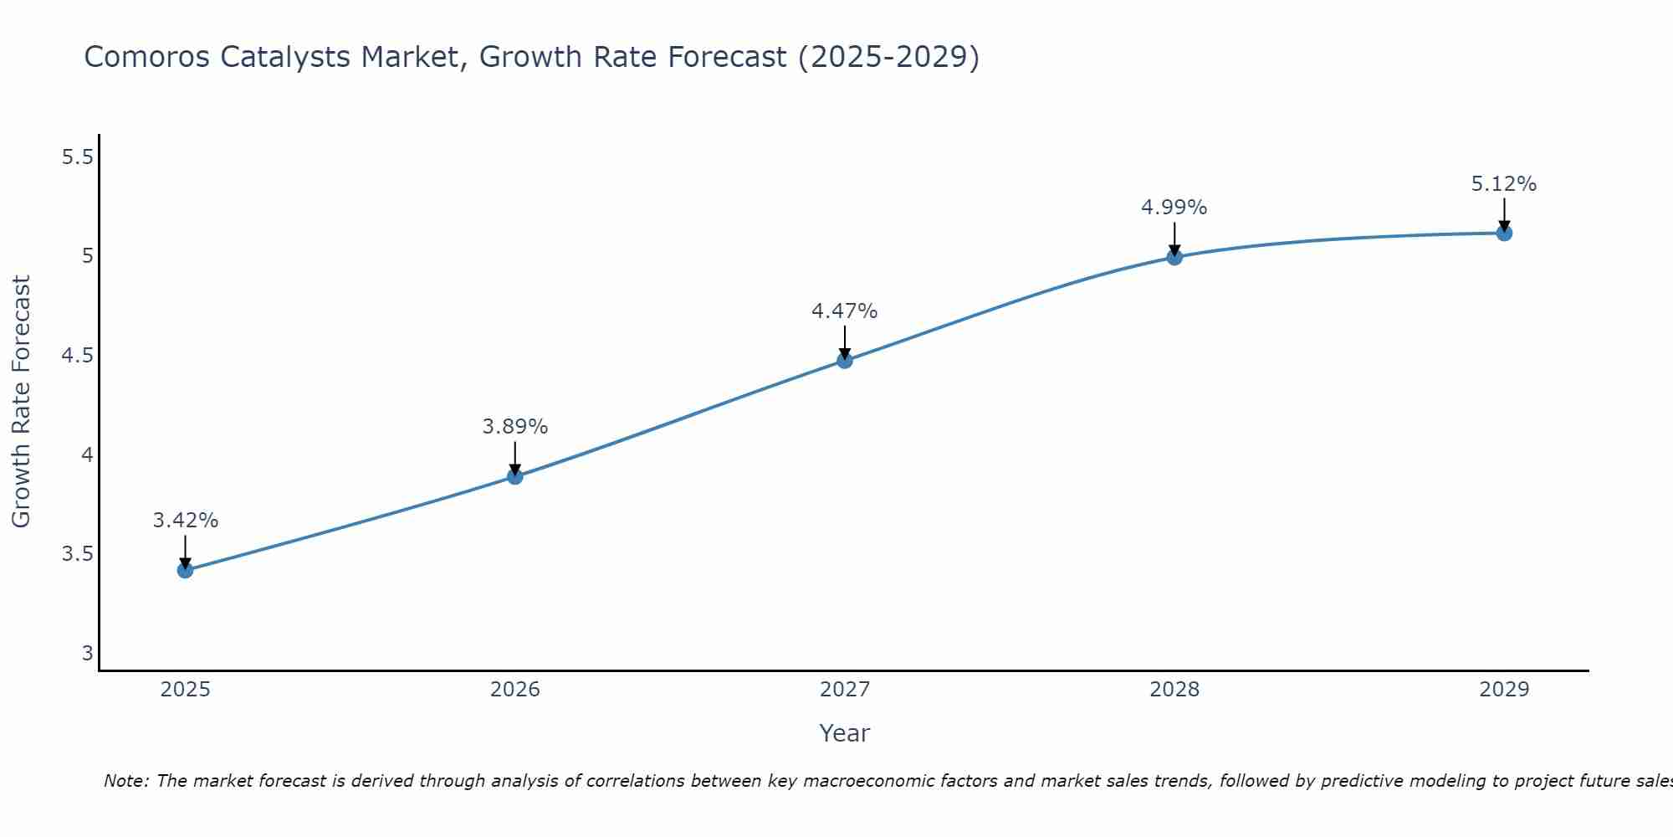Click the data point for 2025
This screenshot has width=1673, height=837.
point(185,570)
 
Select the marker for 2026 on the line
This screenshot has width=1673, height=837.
point(514,476)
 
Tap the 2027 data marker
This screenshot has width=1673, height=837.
point(845,361)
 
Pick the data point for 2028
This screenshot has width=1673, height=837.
point(1174,257)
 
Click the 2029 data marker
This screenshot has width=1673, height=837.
point(1504,233)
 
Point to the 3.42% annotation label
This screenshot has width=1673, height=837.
point(185,521)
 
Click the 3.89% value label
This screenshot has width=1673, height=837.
point(514,427)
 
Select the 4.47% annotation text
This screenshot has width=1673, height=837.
point(845,311)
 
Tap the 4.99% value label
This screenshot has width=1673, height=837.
point(1174,208)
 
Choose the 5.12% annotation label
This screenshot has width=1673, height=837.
point(1504,184)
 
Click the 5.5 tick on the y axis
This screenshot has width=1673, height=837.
point(78,157)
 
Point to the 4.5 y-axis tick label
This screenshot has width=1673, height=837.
point(78,356)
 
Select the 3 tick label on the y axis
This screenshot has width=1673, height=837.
point(87,653)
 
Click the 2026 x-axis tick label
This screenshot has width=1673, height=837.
point(514,690)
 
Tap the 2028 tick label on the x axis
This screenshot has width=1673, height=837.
point(1174,690)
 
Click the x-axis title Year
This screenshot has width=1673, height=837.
point(845,733)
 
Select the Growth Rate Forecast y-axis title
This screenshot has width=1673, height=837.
point(22,402)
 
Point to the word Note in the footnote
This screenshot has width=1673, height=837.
point(125,781)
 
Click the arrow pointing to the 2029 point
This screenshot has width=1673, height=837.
point(1504,214)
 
